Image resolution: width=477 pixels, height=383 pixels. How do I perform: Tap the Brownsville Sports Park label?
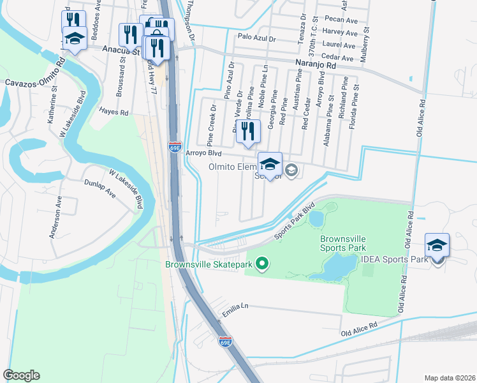(x=343, y=243)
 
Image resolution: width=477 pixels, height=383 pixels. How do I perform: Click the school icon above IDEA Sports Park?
(x=437, y=246)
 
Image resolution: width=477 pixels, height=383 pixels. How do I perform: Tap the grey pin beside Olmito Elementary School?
(x=291, y=169)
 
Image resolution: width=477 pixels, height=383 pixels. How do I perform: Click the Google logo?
(x=22, y=375)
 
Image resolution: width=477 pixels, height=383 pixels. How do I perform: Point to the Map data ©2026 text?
(x=449, y=377)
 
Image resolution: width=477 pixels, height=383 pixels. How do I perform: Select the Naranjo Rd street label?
(x=315, y=64)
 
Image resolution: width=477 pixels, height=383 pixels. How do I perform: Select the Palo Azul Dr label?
(x=255, y=38)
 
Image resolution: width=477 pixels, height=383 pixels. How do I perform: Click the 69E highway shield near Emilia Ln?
(x=225, y=342)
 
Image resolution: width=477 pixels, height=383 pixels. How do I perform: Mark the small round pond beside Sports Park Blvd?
(x=316, y=219)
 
